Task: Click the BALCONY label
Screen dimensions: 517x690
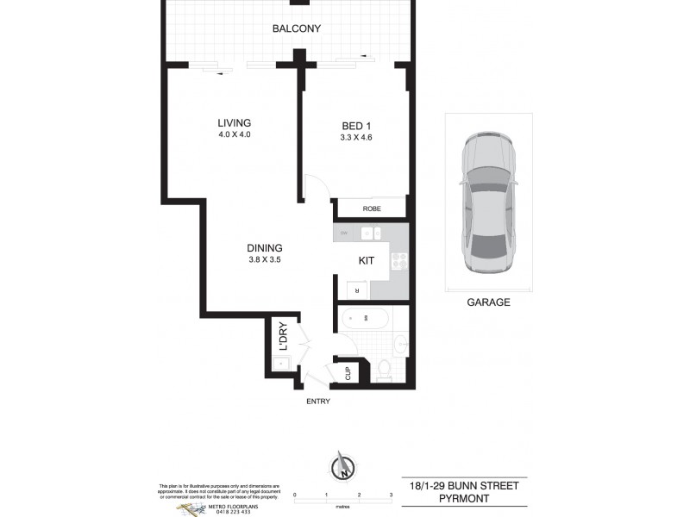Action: tap(296, 28)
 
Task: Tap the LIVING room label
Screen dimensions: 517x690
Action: tap(234, 123)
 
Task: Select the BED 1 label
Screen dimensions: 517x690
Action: tap(355, 126)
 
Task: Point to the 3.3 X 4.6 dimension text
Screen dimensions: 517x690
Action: tap(355, 137)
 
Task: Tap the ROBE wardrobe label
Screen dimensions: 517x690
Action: tap(372, 208)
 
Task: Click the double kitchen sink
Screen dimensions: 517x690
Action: tap(372, 233)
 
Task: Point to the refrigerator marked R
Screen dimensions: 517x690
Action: tap(356, 290)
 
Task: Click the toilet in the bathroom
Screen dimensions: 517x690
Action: tap(385, 370)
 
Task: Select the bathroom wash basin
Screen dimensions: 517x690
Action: tap(398, 346)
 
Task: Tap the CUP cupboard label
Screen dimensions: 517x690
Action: tap(348, 373)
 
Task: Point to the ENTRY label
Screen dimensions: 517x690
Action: tap(317, 402)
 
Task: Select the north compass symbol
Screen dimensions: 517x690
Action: tap(342, 468)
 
